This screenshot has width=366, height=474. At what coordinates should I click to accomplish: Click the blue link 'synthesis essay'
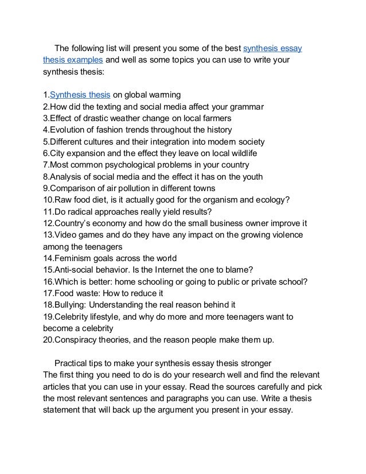(x=273, y=48)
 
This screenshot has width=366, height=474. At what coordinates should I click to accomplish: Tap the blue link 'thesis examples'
(x=73, y=60)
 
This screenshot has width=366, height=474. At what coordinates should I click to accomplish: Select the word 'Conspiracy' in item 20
(x=79, y=340)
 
